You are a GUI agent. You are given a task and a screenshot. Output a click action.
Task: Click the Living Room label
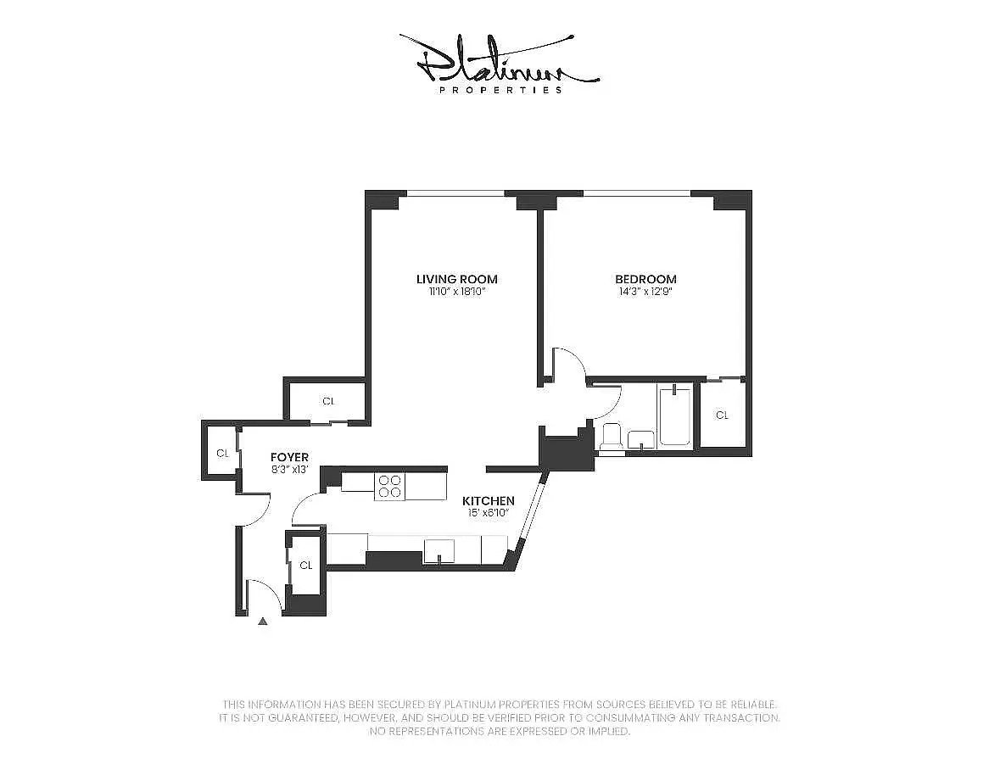[456, 279]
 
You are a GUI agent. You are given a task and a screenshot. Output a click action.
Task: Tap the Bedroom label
[645, 279]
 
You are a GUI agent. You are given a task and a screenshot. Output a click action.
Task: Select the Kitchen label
[488, 501]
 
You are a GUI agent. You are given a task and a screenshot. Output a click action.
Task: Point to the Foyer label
[289, 457]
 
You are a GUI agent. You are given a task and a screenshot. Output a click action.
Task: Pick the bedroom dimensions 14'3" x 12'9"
[645, 292]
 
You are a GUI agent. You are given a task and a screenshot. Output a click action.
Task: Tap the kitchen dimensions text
[488, 512]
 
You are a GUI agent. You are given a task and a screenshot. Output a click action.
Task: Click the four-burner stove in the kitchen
[389, 487]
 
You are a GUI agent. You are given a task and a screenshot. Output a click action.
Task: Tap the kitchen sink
[439, 550]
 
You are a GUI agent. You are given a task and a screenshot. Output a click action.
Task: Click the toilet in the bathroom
[612, 438]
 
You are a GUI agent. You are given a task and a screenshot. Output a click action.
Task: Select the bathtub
[675, 415]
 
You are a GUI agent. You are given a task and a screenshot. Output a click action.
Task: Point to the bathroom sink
[641, 440]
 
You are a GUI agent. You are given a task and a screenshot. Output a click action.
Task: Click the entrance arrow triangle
[262, 622]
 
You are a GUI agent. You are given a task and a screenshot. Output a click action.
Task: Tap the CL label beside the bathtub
[722, 415]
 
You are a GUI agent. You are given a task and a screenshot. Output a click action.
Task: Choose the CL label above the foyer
[328, 401]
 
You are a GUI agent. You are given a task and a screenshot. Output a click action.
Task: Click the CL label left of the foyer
[222, 453]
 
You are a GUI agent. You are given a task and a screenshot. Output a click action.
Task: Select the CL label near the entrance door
[306, 566]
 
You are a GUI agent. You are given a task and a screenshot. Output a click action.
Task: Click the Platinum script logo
[500, 59]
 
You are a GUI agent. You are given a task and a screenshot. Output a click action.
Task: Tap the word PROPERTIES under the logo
[500, 90]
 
